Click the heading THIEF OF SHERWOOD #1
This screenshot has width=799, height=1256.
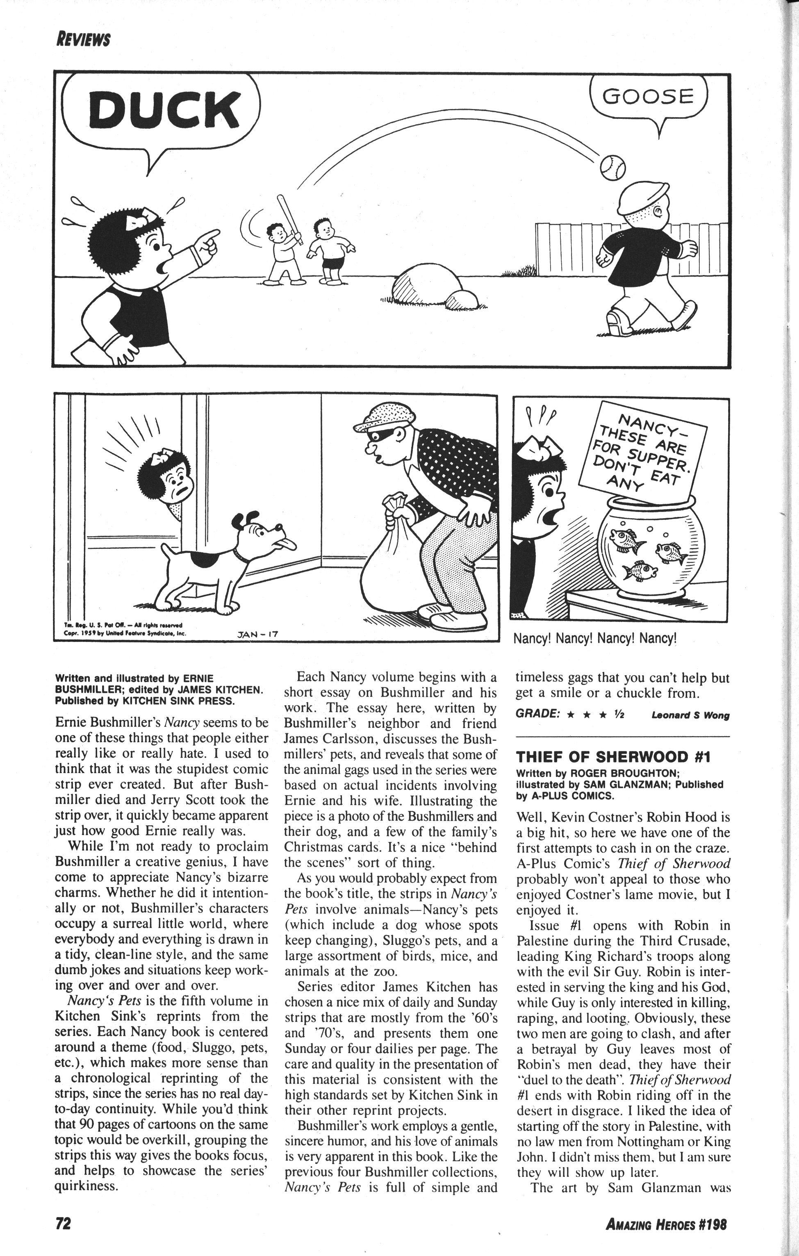tap(613, 757)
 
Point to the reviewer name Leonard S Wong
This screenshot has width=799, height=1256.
tap(690, 716)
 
